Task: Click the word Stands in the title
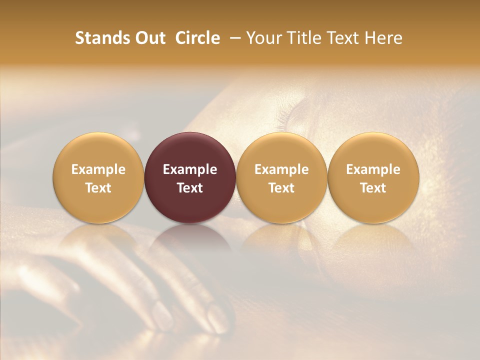coord(101,38)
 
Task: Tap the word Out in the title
coord(149,38)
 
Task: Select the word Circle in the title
coord(197,38)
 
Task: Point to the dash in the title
coord(233,38)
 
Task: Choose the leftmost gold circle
coord(98,150)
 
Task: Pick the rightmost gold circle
coord(373,150)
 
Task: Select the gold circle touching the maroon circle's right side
coord(281,150)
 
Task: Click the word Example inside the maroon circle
coord(190,169)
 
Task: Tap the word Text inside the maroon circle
coord(190,188)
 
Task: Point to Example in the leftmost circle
coord(98,169)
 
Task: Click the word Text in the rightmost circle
coord(373,188)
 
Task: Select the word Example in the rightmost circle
coord(373,169)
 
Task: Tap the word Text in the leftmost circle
coord(98,188)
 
